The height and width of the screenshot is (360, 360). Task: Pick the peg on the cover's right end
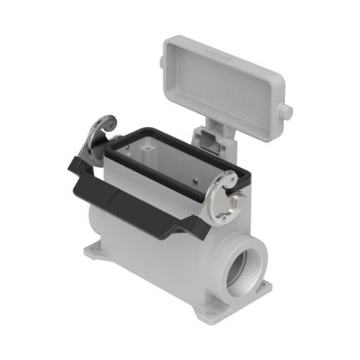(x=287, y=112)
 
